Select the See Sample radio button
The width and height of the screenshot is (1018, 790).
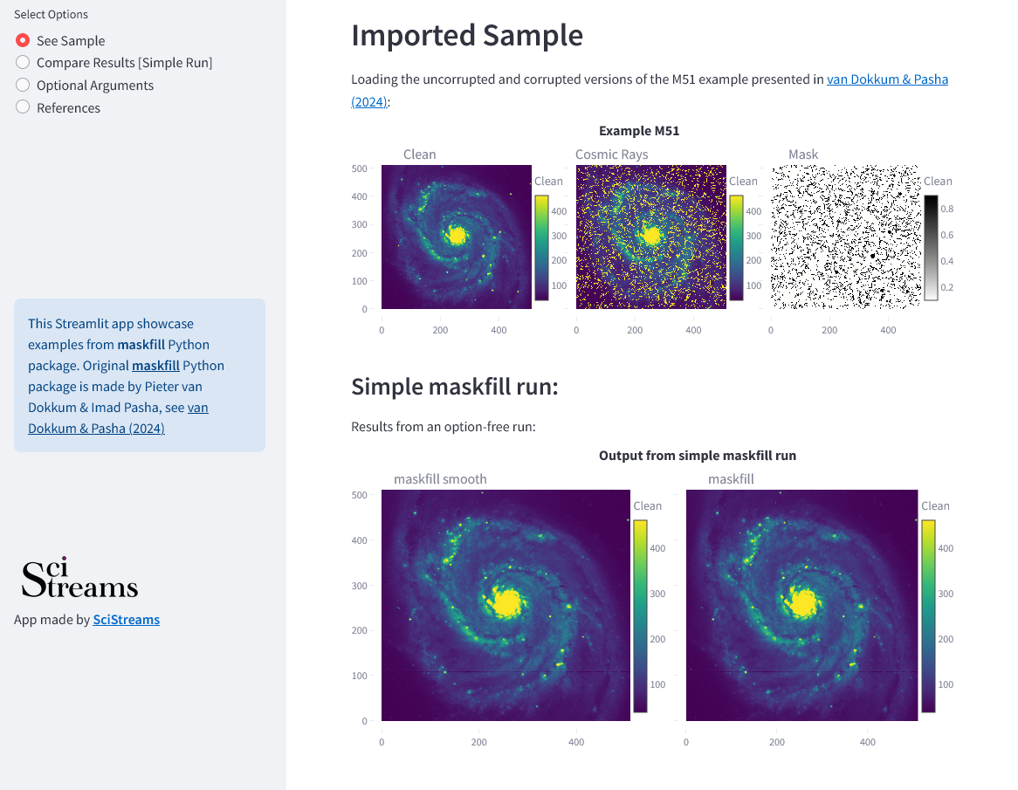(x=23, y=40)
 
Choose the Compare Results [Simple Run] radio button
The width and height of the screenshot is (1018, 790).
(x=23, y=62)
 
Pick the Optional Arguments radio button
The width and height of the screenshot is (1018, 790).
(x=23, y=85)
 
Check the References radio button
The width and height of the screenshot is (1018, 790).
(x=23, y=107)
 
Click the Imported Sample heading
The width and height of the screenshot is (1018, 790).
(x=467, y=35)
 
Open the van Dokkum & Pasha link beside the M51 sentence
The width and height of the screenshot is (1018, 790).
(x=887, y=79)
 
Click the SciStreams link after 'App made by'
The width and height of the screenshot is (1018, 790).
(x=126, y=619)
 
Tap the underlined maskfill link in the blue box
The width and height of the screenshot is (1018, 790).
(x=155, y=366)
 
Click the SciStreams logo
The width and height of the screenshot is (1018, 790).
(x=79, y=577)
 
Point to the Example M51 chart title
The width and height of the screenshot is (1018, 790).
(x=639, y=130)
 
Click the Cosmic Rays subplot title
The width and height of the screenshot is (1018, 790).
(x=611, y=155)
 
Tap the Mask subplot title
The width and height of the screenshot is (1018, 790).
(x=803, y=155)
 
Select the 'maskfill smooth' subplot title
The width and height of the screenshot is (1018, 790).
(x=440, y=479)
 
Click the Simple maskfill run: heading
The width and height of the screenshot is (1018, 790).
(x=455, y=387)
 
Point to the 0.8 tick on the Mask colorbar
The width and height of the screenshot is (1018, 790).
(x=946, y=209)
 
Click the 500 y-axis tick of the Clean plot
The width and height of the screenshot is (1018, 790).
(x=359, y=168)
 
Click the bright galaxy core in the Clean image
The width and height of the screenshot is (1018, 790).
(x=457, y=235)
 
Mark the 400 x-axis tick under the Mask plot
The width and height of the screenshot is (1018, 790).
(x=888, y=331)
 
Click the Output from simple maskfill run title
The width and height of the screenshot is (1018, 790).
(x=698, y=456)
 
